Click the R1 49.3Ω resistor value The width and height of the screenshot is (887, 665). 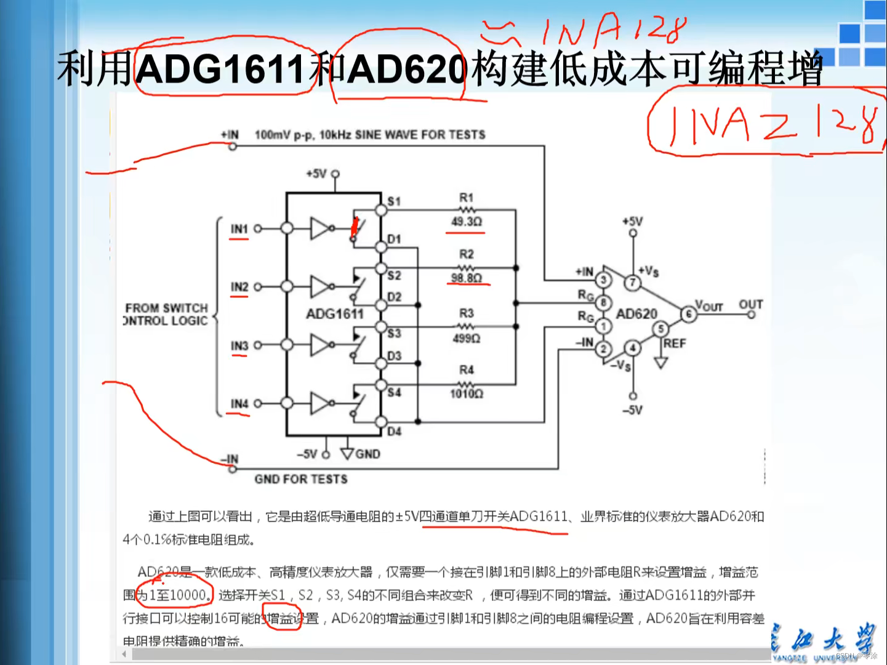[466, 222]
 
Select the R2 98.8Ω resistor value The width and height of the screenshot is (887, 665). [466, 278]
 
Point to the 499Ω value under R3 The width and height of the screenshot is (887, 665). [466, 338]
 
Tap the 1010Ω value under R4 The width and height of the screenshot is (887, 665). [466, 393]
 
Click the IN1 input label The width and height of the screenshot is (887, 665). [239, 229]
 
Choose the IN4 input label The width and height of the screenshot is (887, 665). [239, 404]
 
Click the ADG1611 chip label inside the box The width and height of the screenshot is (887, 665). [334, 314]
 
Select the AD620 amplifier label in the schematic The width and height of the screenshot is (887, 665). [636, 314]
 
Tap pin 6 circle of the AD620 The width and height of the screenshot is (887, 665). [688, 315]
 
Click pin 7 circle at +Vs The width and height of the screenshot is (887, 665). [632, 283]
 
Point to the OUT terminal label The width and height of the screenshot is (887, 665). [750, 304]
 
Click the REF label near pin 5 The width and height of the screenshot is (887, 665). [675, 343]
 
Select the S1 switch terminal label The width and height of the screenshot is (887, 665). [394, 201]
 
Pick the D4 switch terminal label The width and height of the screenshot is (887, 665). [394, 432]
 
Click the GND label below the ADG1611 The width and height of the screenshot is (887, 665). [367, 454]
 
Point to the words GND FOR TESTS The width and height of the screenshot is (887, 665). [301, 479]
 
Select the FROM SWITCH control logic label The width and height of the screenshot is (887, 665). [166, 314]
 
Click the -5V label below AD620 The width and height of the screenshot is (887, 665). [632, 410]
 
